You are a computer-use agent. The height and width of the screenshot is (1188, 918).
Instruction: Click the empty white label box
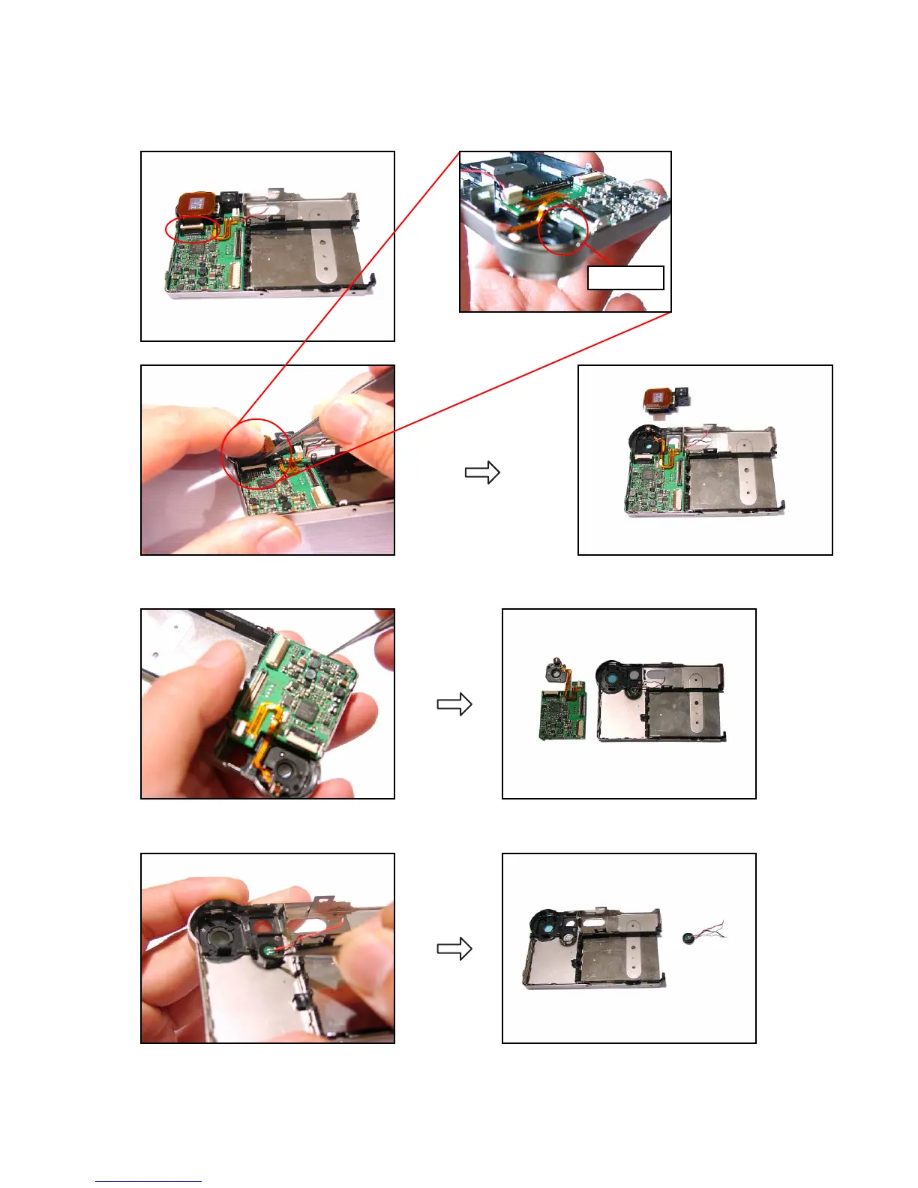coord(625,277)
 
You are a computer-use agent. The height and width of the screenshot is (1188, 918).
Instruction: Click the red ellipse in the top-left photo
coord(193,229)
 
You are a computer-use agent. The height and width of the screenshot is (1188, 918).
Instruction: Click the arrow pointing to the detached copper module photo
coord(482,472)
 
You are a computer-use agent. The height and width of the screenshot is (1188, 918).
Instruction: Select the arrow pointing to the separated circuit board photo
coord(454,704)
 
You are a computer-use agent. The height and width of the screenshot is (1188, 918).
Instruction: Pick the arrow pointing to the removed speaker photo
coord(454,949)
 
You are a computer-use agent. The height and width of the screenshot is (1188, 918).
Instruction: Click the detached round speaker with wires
coord(690,937)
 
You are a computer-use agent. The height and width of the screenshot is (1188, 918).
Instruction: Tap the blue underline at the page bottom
coord(148,1181)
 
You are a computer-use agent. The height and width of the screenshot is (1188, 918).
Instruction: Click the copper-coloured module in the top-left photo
coord(196,203)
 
